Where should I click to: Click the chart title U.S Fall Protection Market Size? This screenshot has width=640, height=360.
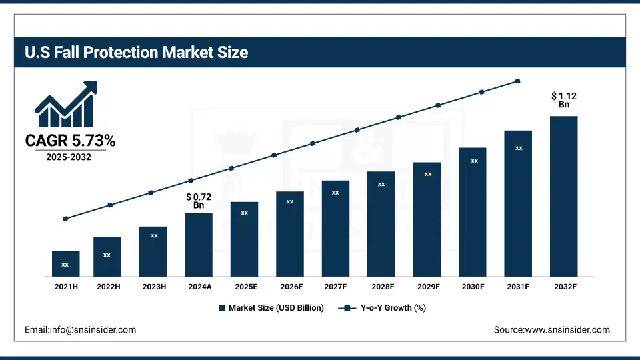click(137, 52)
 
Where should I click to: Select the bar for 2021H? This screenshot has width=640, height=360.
click(65, 263)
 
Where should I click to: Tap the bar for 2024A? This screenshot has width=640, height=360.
click(199, 245)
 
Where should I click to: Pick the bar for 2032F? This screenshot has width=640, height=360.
click(563, 196)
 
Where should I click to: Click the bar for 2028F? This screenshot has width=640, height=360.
click(381, 223)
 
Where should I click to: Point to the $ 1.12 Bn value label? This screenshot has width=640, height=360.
click(564, 100)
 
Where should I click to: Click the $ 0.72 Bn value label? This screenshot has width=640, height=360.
click(199, 201)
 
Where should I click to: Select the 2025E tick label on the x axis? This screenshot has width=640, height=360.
click(244, 286)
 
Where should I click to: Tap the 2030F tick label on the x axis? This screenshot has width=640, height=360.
click(473, 286)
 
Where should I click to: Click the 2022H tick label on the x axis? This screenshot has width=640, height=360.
click(107, 286)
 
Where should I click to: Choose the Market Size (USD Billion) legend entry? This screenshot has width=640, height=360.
click(271, 308)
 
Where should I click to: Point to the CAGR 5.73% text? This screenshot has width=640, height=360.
click(70, 141)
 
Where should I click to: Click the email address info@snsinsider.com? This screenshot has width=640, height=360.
click(80, 329)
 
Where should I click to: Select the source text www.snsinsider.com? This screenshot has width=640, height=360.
click(551, 329)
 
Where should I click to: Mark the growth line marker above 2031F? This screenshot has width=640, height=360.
click(518, 81)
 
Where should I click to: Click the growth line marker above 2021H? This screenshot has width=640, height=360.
click(65, 219)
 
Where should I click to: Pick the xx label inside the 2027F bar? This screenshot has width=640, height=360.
click(335, 193)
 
